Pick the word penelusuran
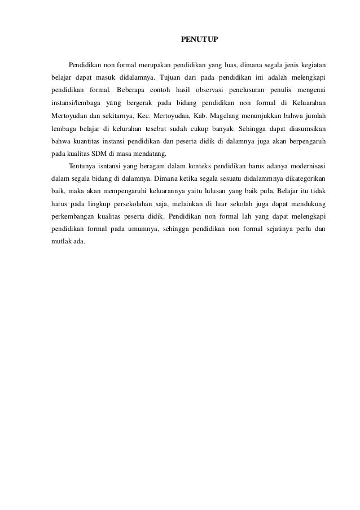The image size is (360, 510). point(248,90)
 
